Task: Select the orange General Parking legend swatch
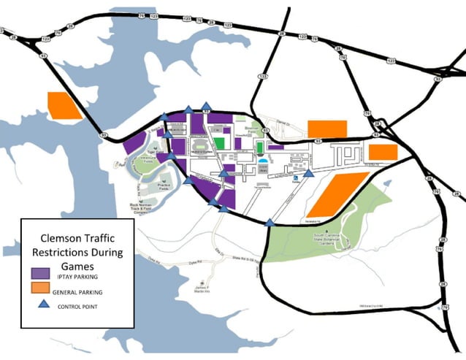[x=40, y=291]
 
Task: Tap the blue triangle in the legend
[x=41, y=306]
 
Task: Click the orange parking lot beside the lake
[x=64, y=106]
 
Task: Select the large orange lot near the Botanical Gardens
[x=341, y=194]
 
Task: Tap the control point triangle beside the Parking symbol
[x=309, y=174]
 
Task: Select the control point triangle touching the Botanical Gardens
[x=270, y=223]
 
